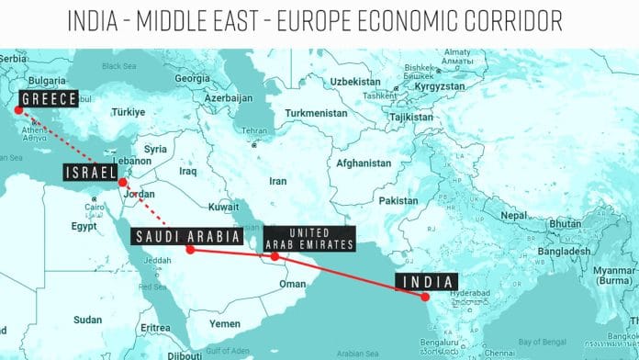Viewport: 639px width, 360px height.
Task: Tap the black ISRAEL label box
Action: pyautogui.click(x=91, y=173)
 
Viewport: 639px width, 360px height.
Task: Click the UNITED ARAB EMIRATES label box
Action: pyautogui.click(x=308, y=237)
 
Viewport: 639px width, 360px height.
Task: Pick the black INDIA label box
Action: pyautogui.click(x=427, y=281)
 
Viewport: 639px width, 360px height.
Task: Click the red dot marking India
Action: pyautogui.click(x=425, y=297)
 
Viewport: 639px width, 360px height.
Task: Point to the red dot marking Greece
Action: pyautogui.click(x=17, y=112)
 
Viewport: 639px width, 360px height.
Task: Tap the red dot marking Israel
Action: pyautogui.click(x=123, y=183)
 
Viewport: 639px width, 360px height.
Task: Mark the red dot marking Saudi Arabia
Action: pyautogui.click(x=190, y=249)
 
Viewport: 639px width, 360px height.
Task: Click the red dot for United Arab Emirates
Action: pyautogui.click(x=275, y=256)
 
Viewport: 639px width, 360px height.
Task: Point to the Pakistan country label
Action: pyautogui.click(x=398, y=200)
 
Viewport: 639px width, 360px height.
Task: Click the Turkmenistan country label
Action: pyautogui.click(x=317, y=113)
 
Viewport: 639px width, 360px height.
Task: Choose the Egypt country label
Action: pyautogui.click(x=84, y=225)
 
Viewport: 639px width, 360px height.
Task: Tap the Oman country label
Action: pyautogui.click(x=293, y=284)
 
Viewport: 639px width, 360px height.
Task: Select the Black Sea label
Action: pyautogui.click(x=118, y=66)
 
